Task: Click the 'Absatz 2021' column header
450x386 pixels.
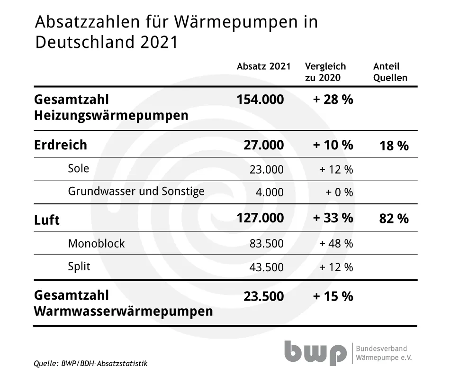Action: [263, 66]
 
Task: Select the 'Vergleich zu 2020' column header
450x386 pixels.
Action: [325, 72]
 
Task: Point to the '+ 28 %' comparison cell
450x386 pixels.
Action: [333, 100]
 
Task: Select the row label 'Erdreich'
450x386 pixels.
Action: [61, 145]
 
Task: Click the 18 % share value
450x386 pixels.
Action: [394, 146]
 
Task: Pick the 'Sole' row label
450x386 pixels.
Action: [78, 168]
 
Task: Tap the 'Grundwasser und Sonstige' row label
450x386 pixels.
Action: [136, 191]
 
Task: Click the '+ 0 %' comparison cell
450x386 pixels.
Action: [339, 192]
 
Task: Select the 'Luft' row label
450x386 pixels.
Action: [47, 220]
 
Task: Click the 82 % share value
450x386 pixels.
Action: [394, 219]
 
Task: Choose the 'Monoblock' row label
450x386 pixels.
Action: [96, 243]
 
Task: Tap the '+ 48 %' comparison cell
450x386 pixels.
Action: [336, 243]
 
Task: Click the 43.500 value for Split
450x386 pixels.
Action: [267, 267]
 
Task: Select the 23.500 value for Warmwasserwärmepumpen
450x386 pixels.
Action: [264, 296]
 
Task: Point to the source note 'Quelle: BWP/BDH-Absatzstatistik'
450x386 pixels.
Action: [90, 364]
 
